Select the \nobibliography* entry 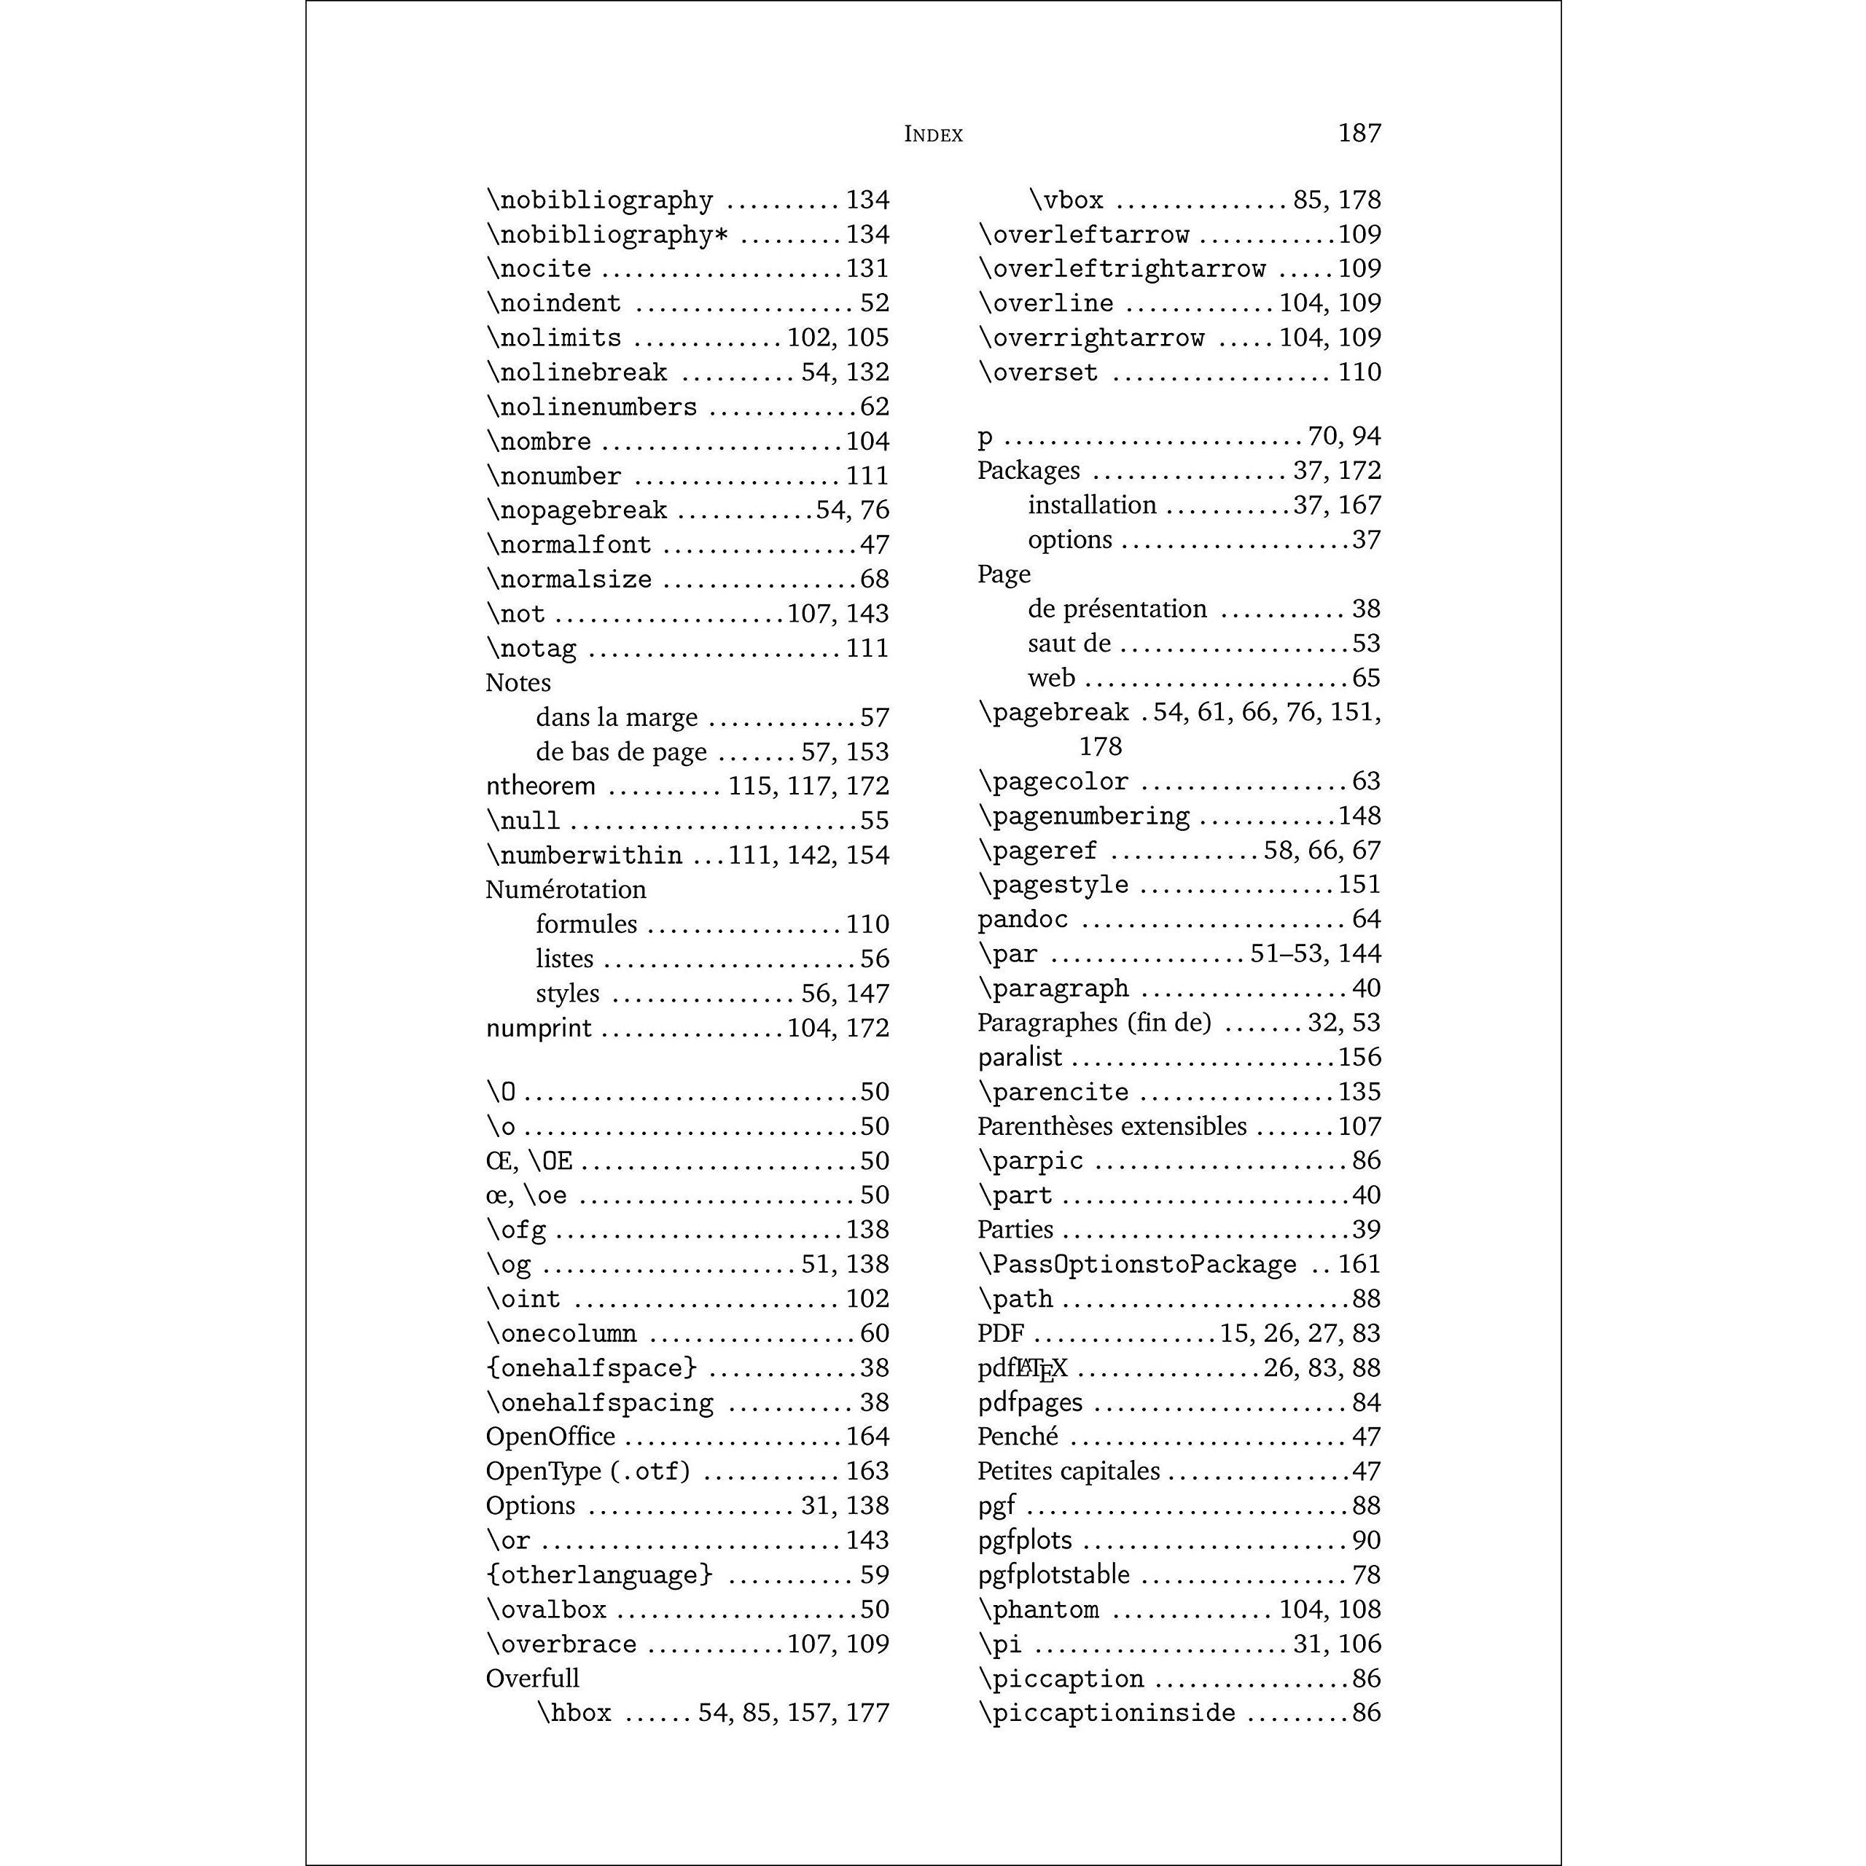tap(606, 235)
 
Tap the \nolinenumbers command tap(591, 407)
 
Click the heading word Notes tap(518, 683)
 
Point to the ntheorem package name tap(540, 786)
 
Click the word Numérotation tap(565, 889)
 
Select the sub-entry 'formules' tap(586, 924)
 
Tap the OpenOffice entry tap(550, 1436)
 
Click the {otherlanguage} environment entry tap(599, 1574)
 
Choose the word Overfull tap(532, 1678)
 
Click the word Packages tap(1028, 470)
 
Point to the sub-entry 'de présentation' tap(1117, 609)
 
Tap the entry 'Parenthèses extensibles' tap(1112, 1126)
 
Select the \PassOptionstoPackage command tap(1137, 1264)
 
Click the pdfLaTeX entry tap(1022, 1367)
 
